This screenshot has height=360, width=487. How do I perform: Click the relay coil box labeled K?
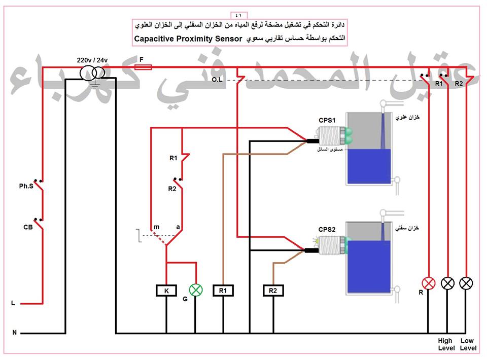pyautogui.click(x=166, y=291)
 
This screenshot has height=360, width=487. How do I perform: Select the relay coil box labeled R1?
pyautogui.click(x=223, y=291)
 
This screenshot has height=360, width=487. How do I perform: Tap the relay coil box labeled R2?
pyautogui.click(x=273, y=291)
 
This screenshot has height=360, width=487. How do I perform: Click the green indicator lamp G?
pyautogui.click(x=195, y=290)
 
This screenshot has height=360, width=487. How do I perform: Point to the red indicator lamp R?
pyautogui.click(x=429, y=283)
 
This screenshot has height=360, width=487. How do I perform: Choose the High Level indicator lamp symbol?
pyautogui.click(x=448, y=283)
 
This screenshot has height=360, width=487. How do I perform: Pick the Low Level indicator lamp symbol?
pyautogui.click(x=466, y=283)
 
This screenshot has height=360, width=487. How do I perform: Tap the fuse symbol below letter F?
pyautogui.click(x=144, y=66)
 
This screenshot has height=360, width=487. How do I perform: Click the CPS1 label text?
pyautogui.click(x=327, y=120)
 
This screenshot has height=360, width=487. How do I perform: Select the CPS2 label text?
pyautogui.click(x=327, y=230)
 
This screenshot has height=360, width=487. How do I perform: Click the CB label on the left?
pyautogui.click(x=28, y=227)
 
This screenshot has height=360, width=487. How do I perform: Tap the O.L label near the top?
pyautogui.click(x=217, y=80)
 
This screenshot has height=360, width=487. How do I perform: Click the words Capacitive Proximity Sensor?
pyautogui.click(x=189, y=39)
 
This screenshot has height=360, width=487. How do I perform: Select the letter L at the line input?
pyautogui.click(x=13, y=303)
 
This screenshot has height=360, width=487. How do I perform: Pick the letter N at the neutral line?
pyautogui.click(x=14, y=333)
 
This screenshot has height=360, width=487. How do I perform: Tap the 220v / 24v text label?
pyautogui.click(x=93, y=60)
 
